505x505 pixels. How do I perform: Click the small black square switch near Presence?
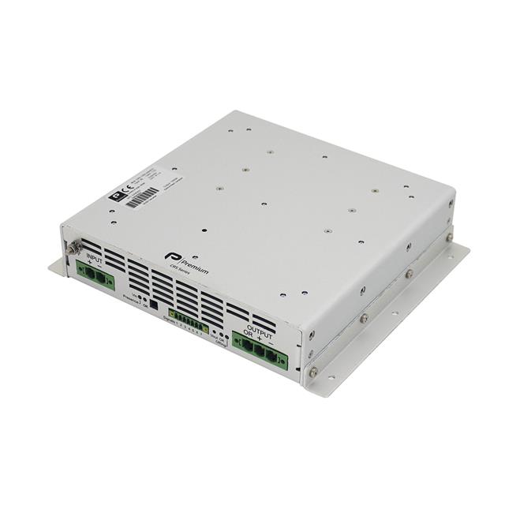[x=154, y=306]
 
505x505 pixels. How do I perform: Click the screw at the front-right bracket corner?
[x=313, y=371]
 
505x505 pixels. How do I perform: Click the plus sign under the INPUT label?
[x=88, y=264]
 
